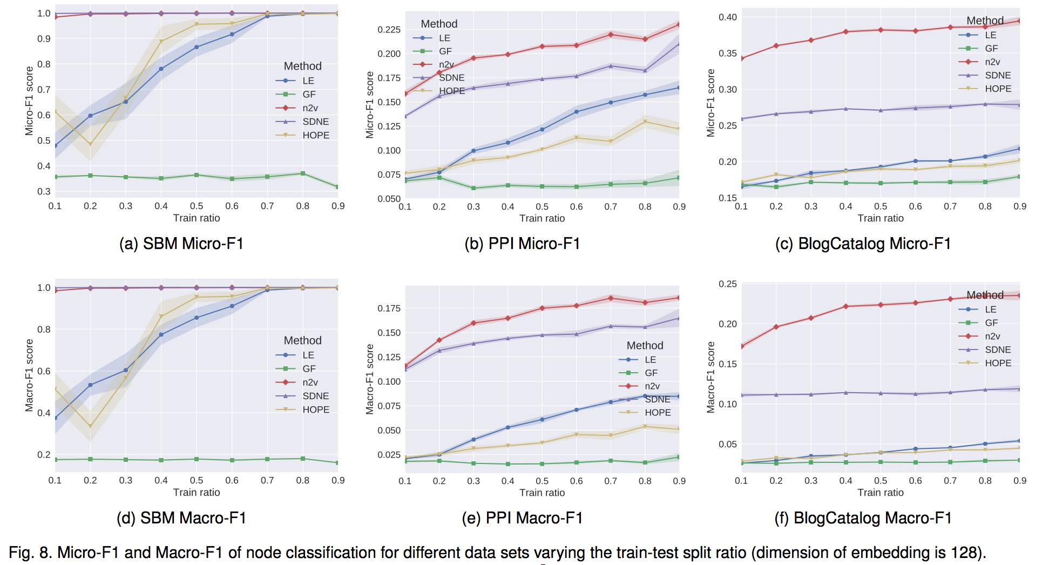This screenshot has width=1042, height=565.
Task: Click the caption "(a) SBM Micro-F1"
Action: (x=181, y=244)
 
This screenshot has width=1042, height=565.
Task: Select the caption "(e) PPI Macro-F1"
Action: (x=522, y=518)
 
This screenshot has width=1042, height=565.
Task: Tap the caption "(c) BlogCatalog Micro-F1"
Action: (x=863, y=244)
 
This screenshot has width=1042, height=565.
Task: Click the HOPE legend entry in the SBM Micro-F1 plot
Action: (x=315, y=135)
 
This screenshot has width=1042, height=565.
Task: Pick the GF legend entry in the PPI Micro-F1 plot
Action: (x=445, y=51)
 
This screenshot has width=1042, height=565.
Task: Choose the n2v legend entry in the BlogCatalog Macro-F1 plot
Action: (x=992, y=336)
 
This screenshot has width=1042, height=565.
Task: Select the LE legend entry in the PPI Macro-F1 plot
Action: (x=650, y=360)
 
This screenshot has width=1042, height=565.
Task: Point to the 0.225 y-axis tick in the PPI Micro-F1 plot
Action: (x=389, y=30)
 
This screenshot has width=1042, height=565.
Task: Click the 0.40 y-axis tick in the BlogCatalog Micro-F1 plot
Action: (x=727, y=17)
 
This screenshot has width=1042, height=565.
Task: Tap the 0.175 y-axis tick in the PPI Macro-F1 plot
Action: (x=389, y=308)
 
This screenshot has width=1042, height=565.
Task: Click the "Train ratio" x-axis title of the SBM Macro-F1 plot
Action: (x=197, y=492)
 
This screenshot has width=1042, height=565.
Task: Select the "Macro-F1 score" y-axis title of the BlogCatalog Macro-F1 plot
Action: (x=711, y=377)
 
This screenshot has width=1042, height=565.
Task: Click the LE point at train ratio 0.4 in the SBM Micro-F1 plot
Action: (x=161, y=69)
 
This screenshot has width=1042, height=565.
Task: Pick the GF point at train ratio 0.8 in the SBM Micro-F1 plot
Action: (x=303, y=173)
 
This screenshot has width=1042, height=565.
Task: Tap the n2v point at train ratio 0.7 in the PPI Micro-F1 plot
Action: (x=611, y=35)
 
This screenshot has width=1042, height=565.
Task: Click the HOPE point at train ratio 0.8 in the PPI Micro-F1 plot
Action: (x=645, y=122)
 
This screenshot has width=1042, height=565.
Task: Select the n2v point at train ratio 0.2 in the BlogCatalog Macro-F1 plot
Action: (x=776, y=327)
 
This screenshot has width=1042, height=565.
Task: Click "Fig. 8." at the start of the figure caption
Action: (x=30, y=553)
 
